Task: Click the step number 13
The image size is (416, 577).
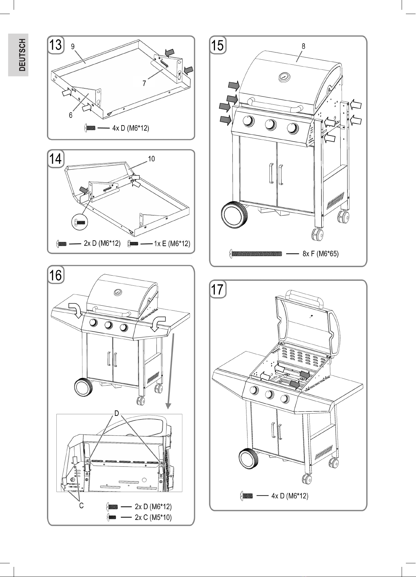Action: click(x=55, y=45)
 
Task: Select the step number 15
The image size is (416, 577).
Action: click(x=217, y=45)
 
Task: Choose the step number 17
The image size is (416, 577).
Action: click(x=217, y=289)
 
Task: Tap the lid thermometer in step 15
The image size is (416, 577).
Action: click(x=283, y=78)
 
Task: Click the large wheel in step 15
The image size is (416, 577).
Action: click(x=234, y=216)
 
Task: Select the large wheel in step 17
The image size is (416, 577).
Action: click(x=249, y=459)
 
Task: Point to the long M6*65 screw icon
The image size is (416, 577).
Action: click(x=256, y=254)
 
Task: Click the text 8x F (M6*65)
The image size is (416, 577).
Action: click(x=320, y=254)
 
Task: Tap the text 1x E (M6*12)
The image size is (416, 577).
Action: click(x=172, y=244)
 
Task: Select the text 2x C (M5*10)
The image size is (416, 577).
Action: click(x=153, y=517)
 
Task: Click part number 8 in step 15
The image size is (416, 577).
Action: click(x=304, y=46)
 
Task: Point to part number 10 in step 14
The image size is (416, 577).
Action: click(x=151, y=159)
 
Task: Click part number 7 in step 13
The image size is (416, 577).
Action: click(x=144, y=84)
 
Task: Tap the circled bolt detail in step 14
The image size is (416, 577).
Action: click(x=80, y=222)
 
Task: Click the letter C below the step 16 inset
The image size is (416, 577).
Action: click(x=81, y=506)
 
